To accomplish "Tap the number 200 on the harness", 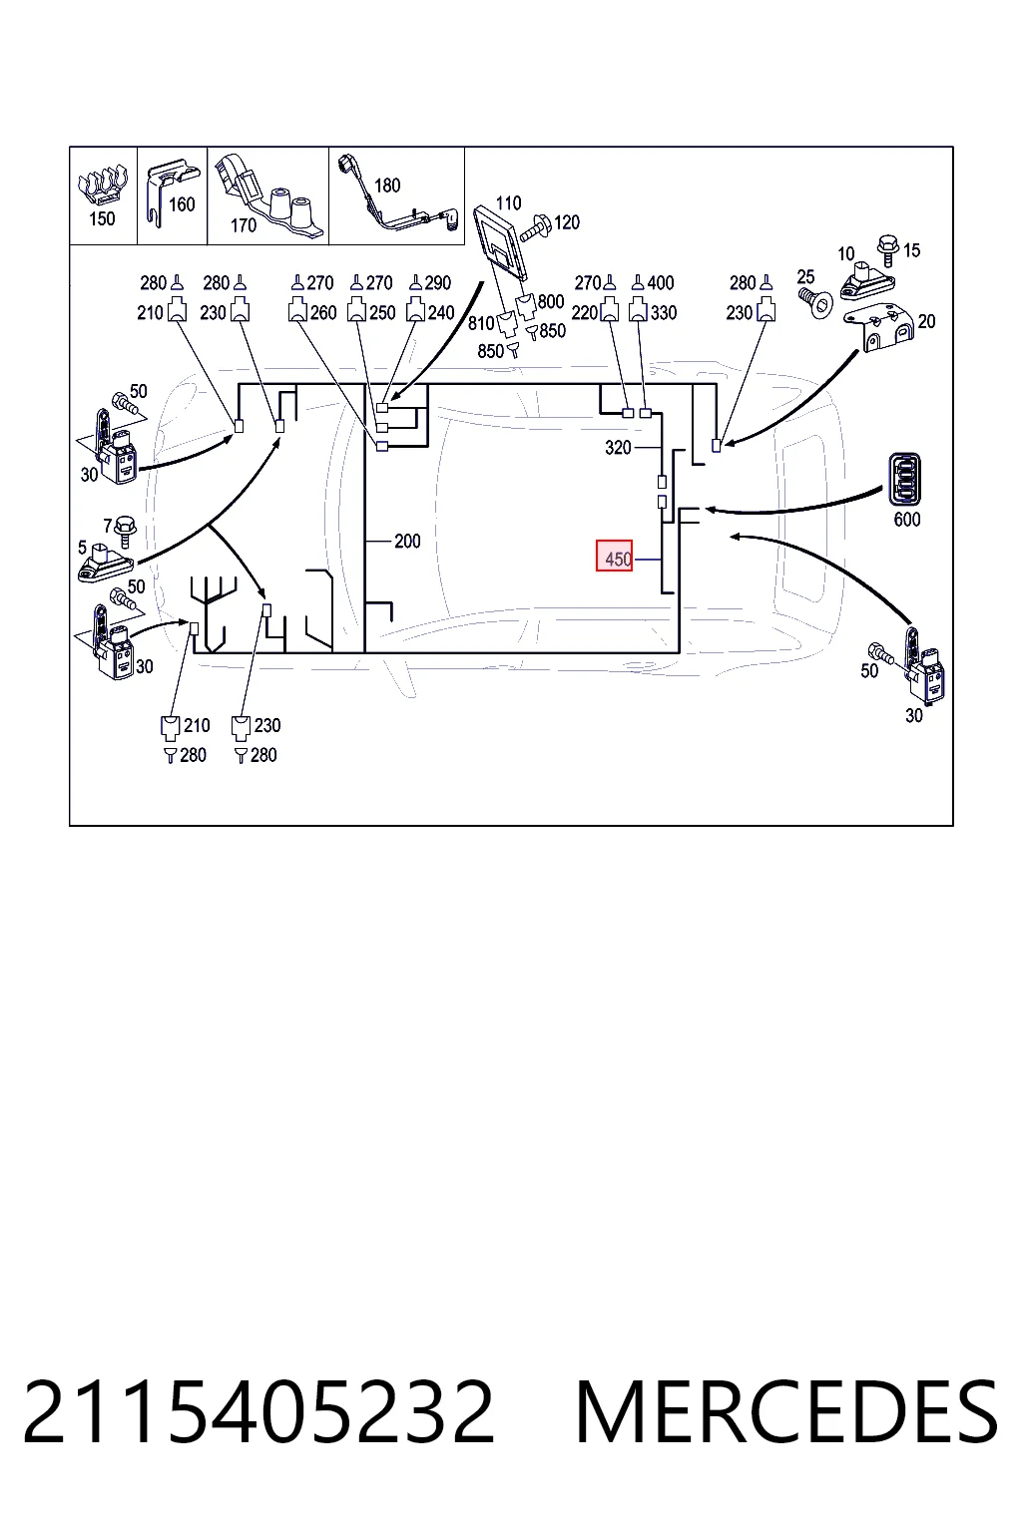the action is pyautogui.click(x=407, y=541).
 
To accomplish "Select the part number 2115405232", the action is pyautogui.click(x=258, y=1411).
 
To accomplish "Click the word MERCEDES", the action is pyautogui.click(x=786, y=1411).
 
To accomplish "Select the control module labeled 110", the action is pyautogui.click(x=501, y=242).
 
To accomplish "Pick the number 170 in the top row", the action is pyautogui.click(x=244, y=225).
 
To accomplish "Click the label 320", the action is pyautogui.click(x=618, y=448).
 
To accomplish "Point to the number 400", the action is pyautogui.click(x=661, y=283).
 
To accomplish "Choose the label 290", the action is pyautogui.click(x=437, y=283).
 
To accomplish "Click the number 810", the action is pyautogui.click(x=481, y=323).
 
